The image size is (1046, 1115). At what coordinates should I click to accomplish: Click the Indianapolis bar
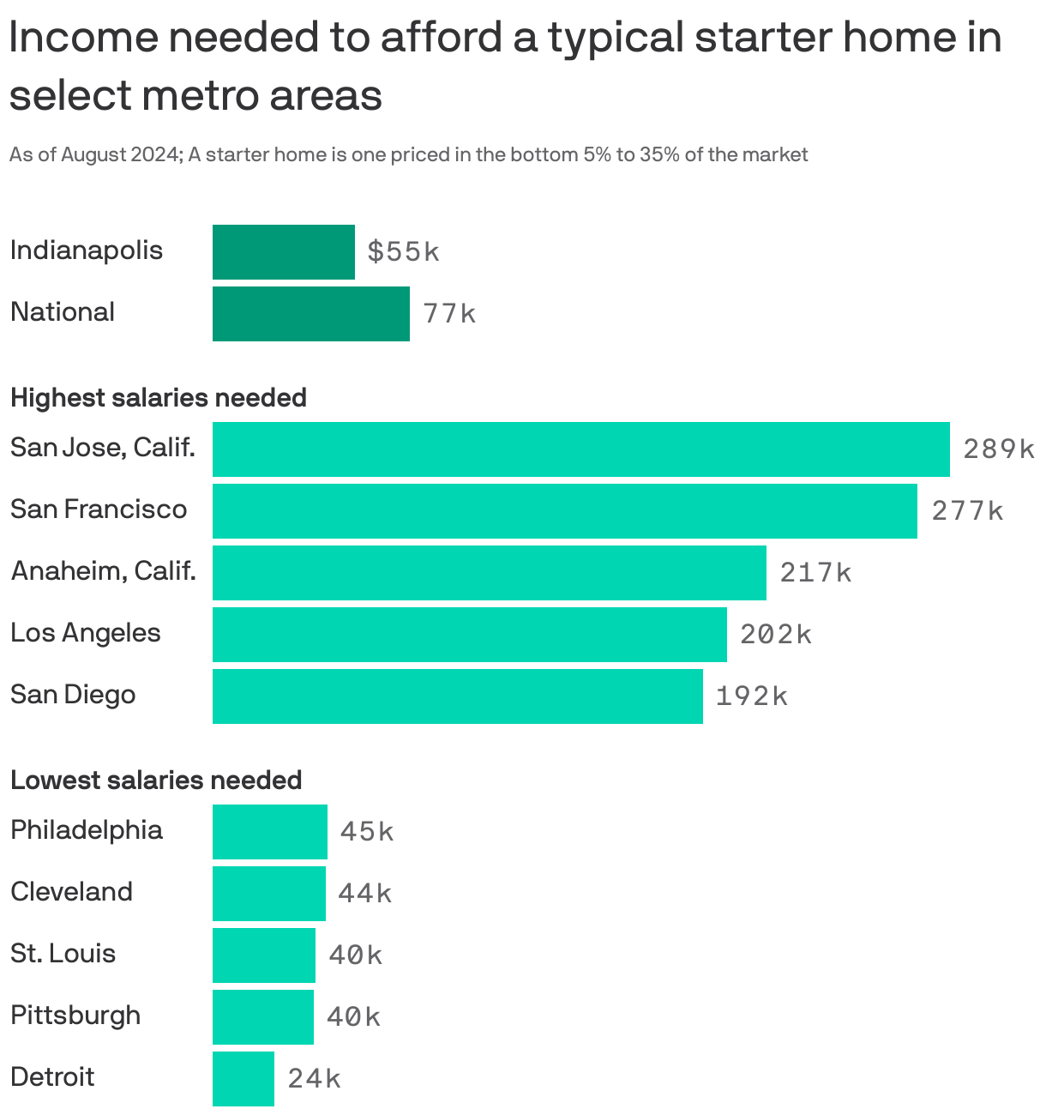283,252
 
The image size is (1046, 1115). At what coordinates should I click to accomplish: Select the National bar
310,314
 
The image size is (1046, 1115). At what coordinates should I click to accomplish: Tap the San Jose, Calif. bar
580,449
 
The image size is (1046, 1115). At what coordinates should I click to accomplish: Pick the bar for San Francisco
564,511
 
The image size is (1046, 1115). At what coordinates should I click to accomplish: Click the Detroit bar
243,1079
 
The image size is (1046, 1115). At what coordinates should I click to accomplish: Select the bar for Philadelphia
269,832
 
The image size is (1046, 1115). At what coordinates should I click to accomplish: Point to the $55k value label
403,252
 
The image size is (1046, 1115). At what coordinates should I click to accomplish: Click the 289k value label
999,449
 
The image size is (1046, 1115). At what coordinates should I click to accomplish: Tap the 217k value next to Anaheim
815,573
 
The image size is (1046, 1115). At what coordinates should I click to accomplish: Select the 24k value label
314,1079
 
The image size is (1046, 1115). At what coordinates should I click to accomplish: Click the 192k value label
751,696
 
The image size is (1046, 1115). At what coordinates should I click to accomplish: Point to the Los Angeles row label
86,633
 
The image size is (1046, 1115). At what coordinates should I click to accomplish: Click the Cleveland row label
71,892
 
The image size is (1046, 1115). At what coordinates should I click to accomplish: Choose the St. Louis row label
63,954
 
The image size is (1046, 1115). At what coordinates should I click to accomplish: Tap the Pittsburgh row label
75,1016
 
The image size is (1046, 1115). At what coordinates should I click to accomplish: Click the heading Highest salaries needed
159,398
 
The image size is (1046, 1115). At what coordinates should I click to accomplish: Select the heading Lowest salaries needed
156,780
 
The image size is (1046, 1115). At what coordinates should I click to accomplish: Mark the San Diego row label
73,695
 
